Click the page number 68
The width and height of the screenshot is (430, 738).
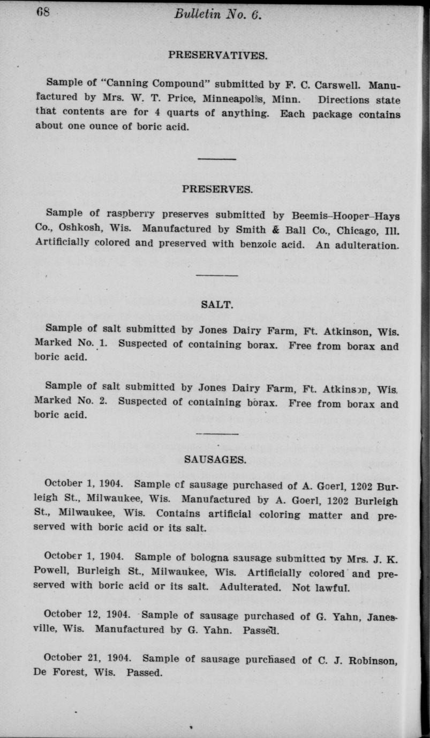43,11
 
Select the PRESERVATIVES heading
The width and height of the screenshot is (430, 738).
217,55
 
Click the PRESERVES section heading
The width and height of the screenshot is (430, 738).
217,189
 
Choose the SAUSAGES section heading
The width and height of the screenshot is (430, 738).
215,458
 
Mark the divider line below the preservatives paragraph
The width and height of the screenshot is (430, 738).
217,159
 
